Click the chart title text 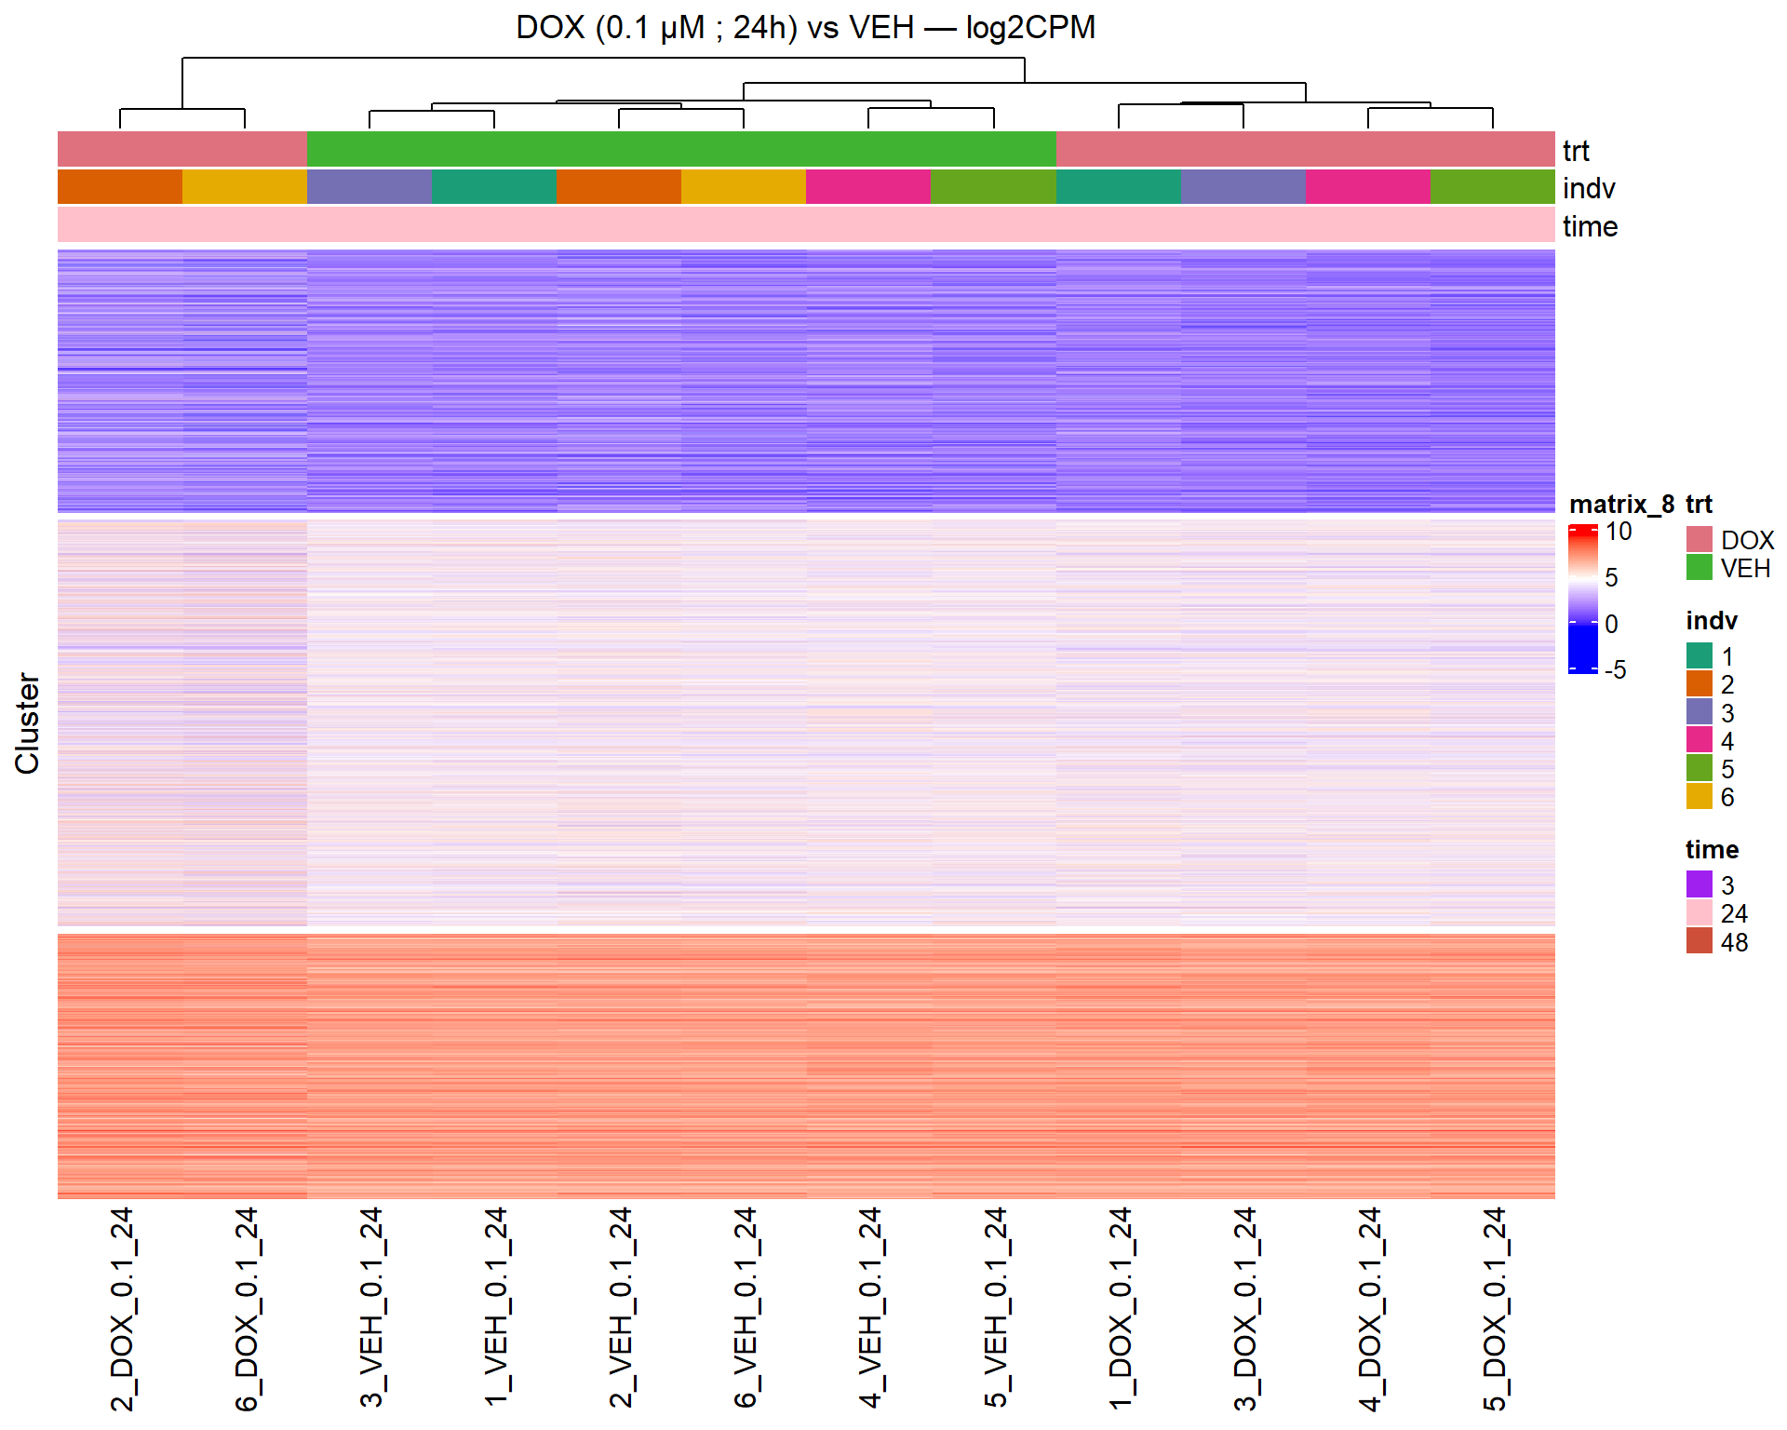click(805, 28)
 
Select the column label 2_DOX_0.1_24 click(122, 1309)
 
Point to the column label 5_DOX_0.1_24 click(1494, 1309)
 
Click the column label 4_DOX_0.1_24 click(1369, 1309)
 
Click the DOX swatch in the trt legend click(1699, 539)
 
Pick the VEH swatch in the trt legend click(1699, 567)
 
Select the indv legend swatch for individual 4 click(1699, 740)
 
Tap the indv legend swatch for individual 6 click(1699, 797)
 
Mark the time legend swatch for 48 click(1699, 941)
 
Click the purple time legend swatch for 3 click(1699, 884)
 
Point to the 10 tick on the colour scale click(1619, 532)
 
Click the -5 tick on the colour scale click(1615, 669)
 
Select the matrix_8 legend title click(1620, 505)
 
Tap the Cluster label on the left click(28, 723)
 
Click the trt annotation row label click(1576, 151)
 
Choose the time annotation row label click(1590, 226)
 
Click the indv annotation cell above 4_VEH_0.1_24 click(868, 187)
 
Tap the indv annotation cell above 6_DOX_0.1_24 click(245, 187)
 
